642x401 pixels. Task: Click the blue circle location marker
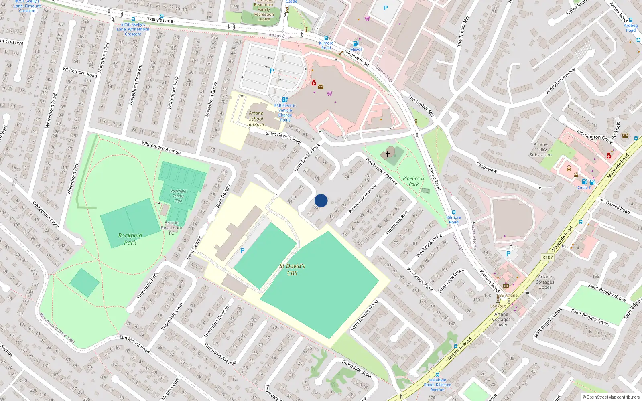321,200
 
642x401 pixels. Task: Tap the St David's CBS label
292,269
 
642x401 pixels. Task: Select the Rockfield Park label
130,239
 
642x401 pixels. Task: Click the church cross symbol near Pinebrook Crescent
388,154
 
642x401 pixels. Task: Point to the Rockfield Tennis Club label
178,196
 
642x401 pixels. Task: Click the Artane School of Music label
256,119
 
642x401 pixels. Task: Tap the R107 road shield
547,257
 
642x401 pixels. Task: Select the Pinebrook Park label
414,181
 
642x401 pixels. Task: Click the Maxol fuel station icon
355,43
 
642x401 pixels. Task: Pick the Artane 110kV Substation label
540,150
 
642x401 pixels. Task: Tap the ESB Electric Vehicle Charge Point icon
285,99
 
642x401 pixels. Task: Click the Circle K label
584,188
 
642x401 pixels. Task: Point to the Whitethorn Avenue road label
161,148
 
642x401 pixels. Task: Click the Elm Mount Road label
135,344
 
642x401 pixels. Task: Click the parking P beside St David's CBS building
242,251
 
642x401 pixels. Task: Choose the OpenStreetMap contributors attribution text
611,397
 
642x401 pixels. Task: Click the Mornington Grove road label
595,136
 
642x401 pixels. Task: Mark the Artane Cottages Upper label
545,282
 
